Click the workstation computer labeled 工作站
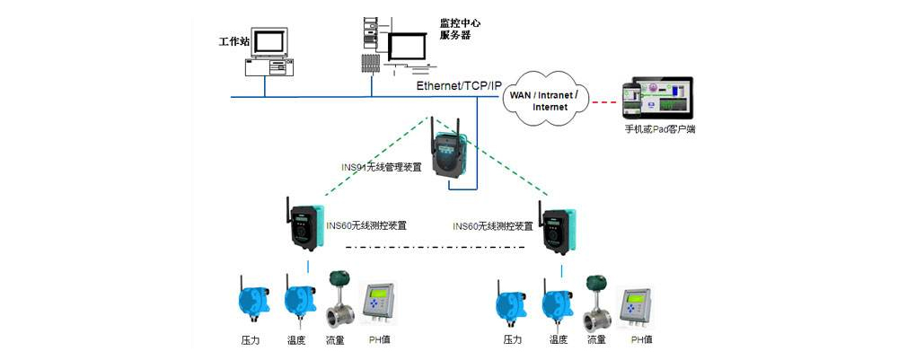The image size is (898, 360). tap(267, 52)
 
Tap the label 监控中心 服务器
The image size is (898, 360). tap(454, 29)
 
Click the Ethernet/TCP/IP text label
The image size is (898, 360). tap(459, 84)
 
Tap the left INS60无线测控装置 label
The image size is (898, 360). tap(366, 225)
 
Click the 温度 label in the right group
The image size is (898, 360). tap(558, 339)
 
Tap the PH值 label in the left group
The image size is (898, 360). tap(379, 339)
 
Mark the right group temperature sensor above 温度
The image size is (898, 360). tap(555, 303)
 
